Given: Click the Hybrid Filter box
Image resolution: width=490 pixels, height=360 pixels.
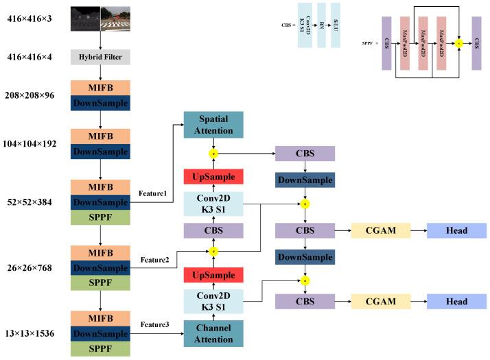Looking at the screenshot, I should (x=100, y=57).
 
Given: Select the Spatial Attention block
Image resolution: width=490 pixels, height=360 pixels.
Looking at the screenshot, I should (x=213, y=123).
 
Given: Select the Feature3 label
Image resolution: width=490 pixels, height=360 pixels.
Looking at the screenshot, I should (x=156, y=324).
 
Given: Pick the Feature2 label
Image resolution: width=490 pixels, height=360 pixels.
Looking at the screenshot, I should (x=156, y=260).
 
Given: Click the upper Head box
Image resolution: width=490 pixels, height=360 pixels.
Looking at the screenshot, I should (x=456, y=230).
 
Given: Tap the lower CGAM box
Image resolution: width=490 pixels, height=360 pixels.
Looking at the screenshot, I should (x=380, y=301).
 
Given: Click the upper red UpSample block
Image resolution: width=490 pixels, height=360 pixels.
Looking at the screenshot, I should (x=213, y=177).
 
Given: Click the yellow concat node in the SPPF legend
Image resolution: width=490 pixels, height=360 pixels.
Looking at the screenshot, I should (x=458, y=43).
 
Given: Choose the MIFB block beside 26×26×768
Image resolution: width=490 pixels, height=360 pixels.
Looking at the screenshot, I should (x=100, y=252).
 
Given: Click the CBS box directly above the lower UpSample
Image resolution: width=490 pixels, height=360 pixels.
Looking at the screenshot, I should (x=213, y=230).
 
